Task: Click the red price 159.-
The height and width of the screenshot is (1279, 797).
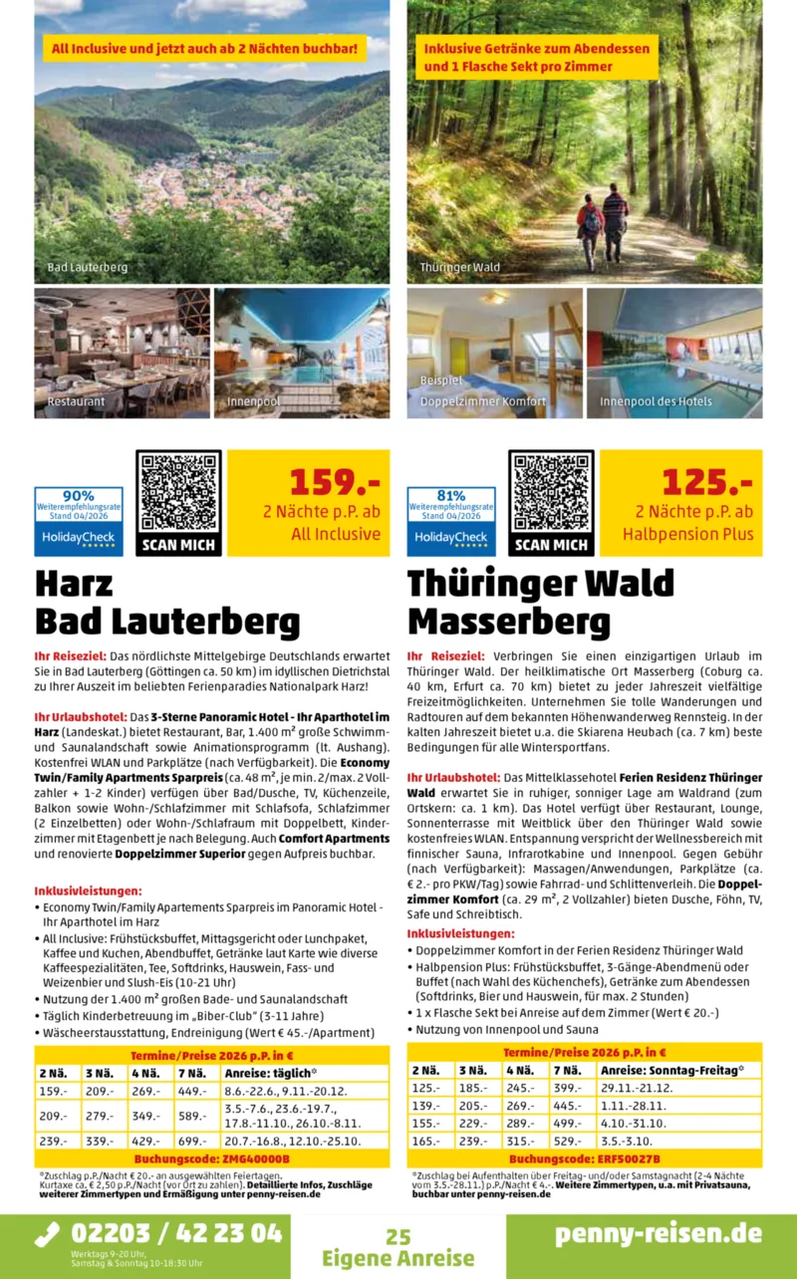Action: pos(335,482)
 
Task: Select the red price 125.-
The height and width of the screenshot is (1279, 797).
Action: pos(707,482)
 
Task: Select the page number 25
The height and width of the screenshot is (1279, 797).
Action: pos(398,1237)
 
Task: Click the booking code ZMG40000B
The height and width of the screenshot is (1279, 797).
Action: pos(211,1158)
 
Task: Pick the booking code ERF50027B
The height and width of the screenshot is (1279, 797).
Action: pos(584,1158)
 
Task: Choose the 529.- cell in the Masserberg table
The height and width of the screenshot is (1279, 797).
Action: pos(568,1141)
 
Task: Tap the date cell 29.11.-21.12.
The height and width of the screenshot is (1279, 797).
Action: pos(638,1088)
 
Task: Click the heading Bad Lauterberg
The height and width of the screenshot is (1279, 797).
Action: pos(167,623)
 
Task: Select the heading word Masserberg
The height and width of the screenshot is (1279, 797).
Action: pos(508,623)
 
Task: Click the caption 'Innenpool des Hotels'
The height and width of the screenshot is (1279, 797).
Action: pos(656,401)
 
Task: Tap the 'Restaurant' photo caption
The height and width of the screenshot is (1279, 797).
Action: pos(76,401)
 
